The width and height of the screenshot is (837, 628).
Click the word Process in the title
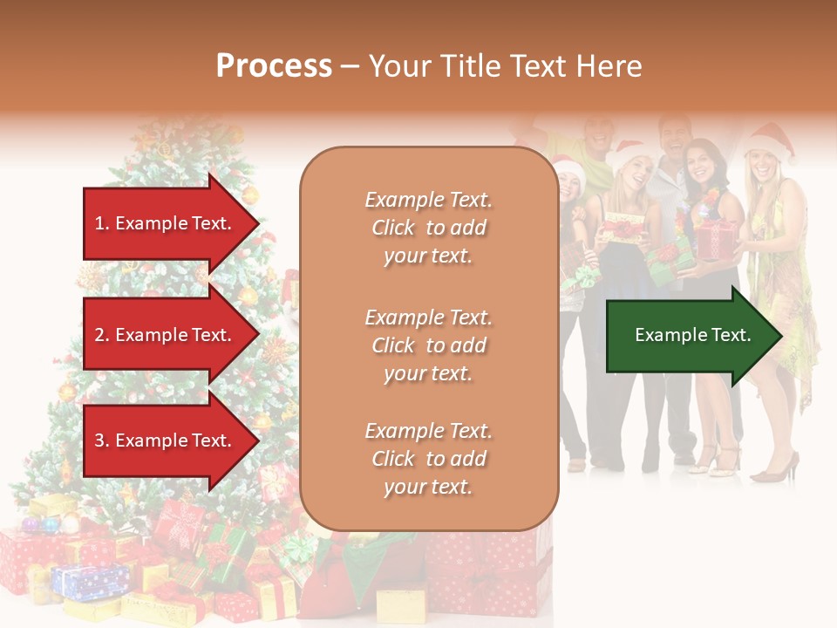pos(274,66)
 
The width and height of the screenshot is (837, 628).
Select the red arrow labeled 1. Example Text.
pos(166,223)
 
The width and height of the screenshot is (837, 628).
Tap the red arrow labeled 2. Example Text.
pos(166,335)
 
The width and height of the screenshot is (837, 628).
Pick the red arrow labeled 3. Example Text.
pos(166,440)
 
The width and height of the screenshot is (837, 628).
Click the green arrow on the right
pos(689,335)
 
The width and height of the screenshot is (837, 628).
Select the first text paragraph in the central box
pos(428,227)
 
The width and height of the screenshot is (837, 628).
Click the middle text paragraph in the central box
pos(428,345)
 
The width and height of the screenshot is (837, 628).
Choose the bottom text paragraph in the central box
pos(428,459)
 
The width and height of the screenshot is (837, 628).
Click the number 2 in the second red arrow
pos(99,335)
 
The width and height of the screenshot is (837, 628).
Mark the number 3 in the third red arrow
pos(99,440)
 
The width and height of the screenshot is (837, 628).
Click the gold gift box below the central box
pos(401,604)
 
